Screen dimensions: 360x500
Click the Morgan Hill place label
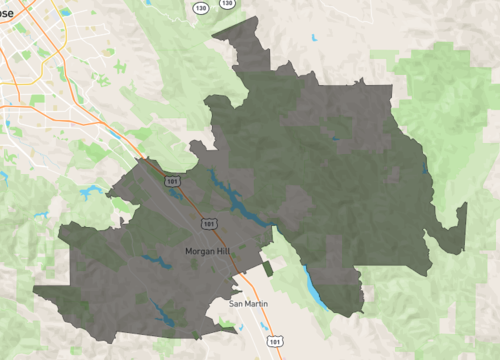(206, 250)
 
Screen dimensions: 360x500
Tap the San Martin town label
(249, 302)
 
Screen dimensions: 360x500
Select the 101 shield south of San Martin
(273, 339)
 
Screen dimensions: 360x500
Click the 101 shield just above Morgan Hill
(208, 222)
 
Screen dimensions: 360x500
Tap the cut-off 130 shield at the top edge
(229, 3)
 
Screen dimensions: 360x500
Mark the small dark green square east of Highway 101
(268, 268)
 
